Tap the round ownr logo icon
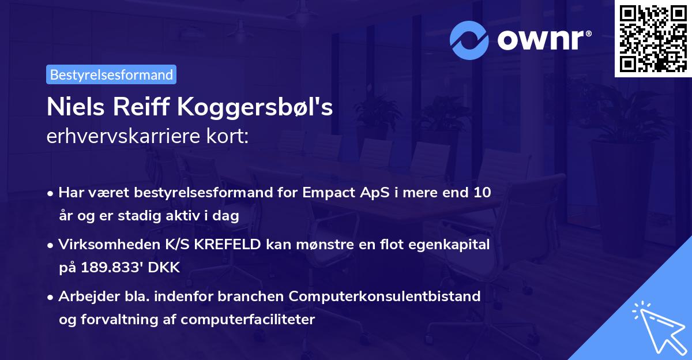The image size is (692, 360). pos(469,40)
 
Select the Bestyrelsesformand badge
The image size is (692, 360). pos(111,74)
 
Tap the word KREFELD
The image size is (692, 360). pos(228,245)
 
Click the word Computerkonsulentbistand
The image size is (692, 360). pos(385,297)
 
